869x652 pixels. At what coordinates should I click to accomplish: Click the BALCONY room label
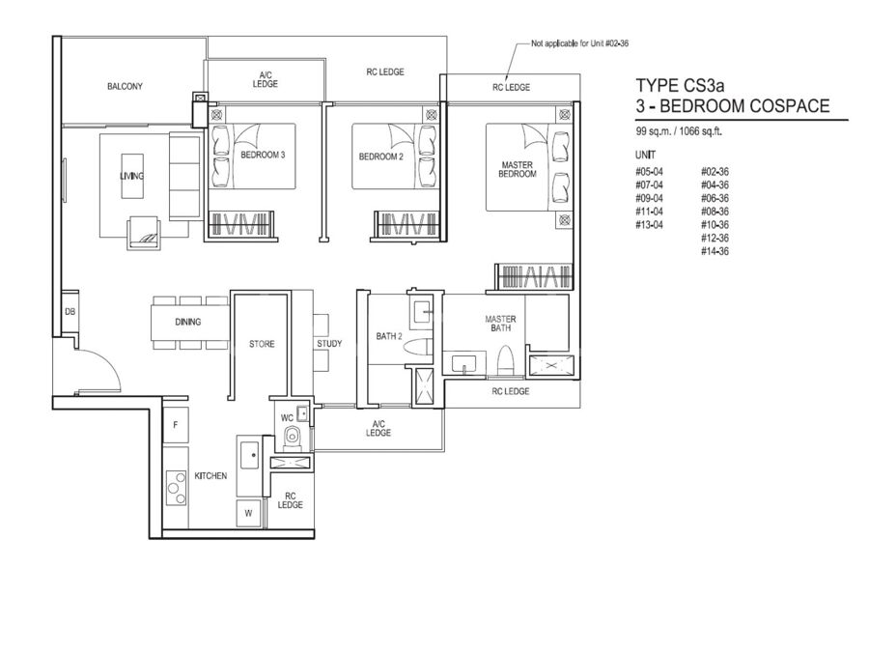[125, 87]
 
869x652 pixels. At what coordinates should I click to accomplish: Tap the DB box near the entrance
[70, 312]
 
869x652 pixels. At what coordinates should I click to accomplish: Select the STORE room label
[262, 344]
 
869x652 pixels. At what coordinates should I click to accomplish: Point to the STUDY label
[329, 344]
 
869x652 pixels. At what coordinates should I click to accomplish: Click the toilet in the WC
[291, 437]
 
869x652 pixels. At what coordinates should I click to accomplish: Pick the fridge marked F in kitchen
[176, 425]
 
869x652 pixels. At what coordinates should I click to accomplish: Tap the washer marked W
[248, 513]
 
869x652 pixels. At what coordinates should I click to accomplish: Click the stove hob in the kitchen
[177, 488]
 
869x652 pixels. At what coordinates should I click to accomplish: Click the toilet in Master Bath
[504, 361]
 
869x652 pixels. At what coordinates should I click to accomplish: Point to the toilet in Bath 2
[417, 348]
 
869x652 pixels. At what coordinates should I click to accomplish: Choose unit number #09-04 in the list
[649, 198]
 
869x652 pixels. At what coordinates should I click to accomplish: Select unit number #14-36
[715, 252]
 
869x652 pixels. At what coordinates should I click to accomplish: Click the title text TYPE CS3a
[680, 85]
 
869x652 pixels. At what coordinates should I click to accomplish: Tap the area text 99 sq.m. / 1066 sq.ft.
[679, 132]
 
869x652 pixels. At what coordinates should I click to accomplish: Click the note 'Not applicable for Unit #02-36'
[579, 43]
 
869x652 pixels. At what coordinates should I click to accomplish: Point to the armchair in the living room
[145, 231]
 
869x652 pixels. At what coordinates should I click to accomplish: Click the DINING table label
[188, 322]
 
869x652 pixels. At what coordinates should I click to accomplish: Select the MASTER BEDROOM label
[518, 170]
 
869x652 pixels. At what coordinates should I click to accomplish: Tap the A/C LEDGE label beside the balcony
[265, 80]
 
